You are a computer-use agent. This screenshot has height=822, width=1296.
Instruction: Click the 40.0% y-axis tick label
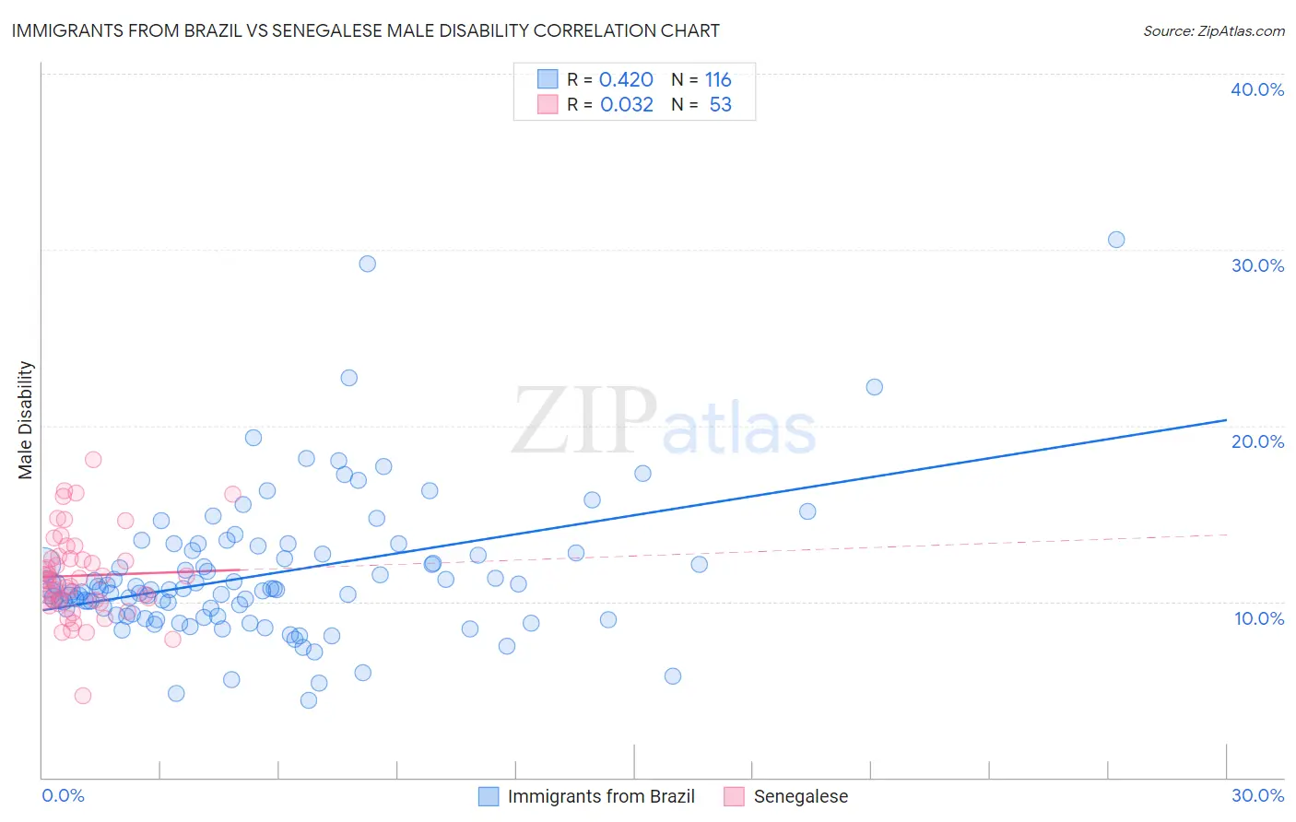(1256, 89)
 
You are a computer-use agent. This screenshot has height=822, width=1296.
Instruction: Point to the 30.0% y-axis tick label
(1256, 265)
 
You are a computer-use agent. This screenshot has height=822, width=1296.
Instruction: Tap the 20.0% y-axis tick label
(1256, 441)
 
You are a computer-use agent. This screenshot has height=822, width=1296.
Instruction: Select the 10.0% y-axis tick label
(1258, 618)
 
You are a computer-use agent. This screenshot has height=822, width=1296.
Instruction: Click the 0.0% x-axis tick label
(63, 795)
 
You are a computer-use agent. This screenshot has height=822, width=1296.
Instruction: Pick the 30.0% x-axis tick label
(1256, 795)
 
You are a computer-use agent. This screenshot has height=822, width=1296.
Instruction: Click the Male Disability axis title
(26, 420)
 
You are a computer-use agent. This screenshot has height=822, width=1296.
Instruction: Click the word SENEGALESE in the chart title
(329, 30)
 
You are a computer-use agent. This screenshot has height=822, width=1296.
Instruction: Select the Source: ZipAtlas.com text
(1213, 30)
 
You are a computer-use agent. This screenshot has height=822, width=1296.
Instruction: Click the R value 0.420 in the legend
(626, 80)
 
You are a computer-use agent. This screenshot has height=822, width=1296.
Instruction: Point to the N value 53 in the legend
(720, 105)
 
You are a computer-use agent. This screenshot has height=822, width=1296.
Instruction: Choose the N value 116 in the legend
(718, 80)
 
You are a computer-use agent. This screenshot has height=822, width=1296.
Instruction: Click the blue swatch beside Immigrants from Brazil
(489, 796)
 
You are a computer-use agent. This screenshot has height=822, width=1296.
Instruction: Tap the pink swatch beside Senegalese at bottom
(734, 796)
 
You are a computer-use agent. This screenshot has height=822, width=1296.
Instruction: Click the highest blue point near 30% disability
(367, 264)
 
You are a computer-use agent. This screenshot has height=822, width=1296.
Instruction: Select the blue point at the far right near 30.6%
(1116, 240)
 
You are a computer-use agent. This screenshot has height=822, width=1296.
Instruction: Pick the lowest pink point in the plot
(83, 696)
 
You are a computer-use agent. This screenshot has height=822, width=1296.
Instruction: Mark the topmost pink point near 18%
(93, 459)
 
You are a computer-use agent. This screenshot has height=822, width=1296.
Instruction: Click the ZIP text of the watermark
(584, 421)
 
